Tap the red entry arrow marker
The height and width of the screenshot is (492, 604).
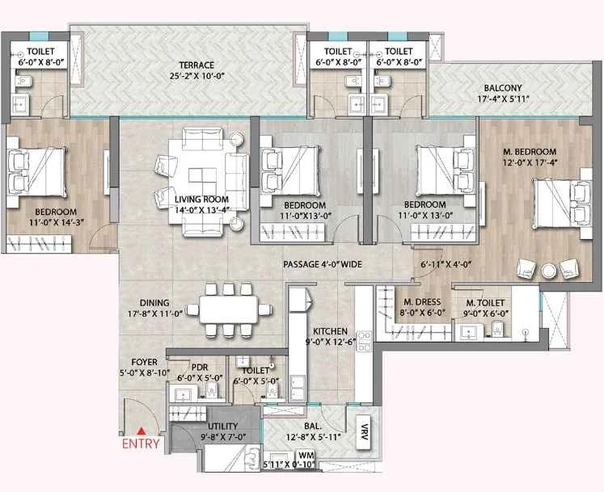click(141, 431)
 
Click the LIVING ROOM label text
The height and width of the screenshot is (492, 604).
click(201, 200)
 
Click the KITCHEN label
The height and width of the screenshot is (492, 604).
click(332, 331)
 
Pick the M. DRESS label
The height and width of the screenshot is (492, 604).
click(420, 303)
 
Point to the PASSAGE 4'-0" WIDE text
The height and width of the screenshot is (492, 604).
click(321, 265)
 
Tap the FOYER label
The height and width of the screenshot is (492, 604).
click(145, 361)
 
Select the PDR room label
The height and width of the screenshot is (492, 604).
click(200, 366)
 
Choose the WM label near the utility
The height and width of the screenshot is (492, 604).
click(282, 455)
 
